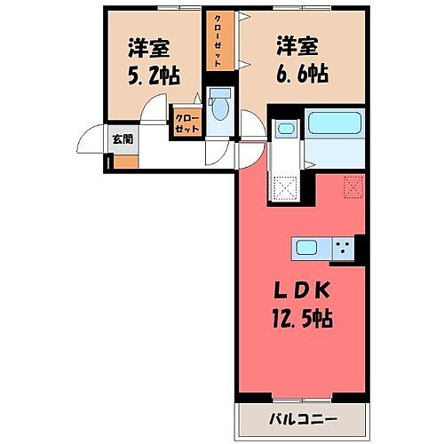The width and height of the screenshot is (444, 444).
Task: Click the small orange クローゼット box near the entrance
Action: [x=186, y=123]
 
